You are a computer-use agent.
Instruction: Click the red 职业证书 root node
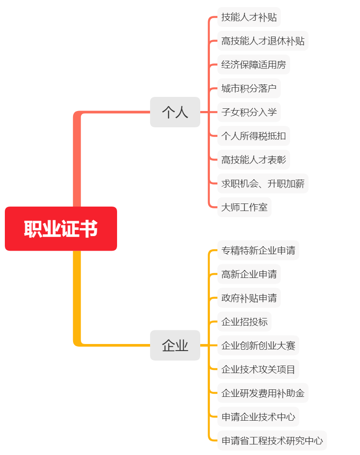click(61, 229)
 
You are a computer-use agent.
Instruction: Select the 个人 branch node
click(175, 112)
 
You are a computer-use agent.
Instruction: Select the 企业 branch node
click(175, 345)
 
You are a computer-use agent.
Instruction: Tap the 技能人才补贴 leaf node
click(249, 17)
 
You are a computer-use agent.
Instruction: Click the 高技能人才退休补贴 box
click(263, 41)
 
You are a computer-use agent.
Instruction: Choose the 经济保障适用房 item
click(253, 65)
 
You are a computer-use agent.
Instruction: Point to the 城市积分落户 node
click(249, 89)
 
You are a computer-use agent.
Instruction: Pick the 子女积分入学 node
click(249, 112)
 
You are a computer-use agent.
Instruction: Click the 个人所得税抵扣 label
click(253, 136)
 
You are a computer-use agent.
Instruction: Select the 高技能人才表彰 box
click(253, 159)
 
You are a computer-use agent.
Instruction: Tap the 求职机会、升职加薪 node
click(263, 183)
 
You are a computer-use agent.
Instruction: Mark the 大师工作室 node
click(244, 207)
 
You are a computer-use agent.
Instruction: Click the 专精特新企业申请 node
click(258, 251)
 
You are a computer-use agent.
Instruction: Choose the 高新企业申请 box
click(249, 274)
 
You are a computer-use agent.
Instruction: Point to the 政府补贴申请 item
click(249, 298)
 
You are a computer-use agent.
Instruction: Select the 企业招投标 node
click(244, 322)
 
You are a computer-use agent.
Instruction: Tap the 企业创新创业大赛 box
click(258, 345)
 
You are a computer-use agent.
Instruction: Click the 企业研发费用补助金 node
click(263, 393)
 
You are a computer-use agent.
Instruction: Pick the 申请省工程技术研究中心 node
click(272, 440)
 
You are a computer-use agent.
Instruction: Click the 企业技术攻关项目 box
click(258, 369)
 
